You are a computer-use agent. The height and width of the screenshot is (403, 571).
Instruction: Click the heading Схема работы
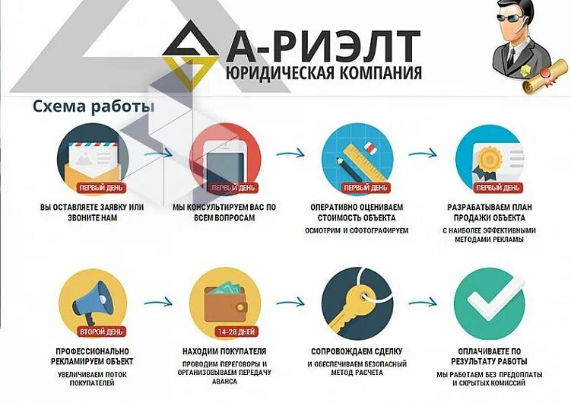point(94,106)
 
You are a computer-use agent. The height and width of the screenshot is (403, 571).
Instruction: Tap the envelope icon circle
point(93,157)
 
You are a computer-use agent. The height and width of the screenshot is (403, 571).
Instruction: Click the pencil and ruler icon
point(357,157)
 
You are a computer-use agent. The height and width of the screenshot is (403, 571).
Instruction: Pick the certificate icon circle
point(490,157)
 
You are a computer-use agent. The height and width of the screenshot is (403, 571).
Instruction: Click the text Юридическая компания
point(323,74)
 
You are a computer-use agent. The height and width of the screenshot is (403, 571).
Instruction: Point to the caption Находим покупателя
point(225,351)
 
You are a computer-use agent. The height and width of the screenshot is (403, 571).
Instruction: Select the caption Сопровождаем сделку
point(357,351)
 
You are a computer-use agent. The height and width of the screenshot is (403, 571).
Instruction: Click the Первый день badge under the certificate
point(499,187)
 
